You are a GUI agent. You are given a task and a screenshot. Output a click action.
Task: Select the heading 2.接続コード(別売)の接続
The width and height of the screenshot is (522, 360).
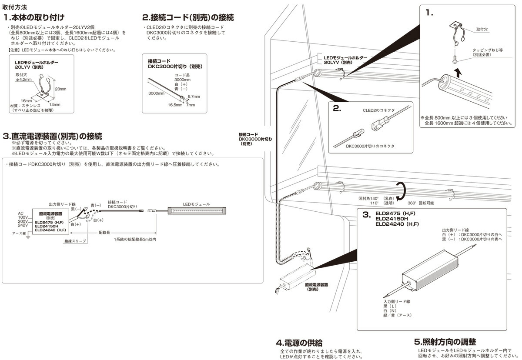[x=188, y=18]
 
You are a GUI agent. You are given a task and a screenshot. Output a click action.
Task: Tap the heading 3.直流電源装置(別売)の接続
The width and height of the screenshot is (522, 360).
[x=52, y=136]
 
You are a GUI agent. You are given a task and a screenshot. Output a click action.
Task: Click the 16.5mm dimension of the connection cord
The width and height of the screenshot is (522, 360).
[x=175, y=105]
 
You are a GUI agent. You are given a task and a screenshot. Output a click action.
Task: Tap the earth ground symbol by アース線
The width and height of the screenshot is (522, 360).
[x=27, y=237]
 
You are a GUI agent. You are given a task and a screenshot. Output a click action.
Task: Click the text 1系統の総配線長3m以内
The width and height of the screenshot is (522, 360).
[x=134, y=240]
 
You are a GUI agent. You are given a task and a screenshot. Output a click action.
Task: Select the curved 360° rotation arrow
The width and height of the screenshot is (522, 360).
[x=403, y=190]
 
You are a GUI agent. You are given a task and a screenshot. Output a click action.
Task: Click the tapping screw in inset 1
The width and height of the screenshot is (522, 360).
[x=455, y=56]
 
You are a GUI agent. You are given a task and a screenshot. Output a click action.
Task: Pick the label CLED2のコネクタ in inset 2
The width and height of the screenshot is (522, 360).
[x=378, y=110]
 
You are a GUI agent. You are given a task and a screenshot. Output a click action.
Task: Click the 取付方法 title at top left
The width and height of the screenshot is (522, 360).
[x=14, y=7]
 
